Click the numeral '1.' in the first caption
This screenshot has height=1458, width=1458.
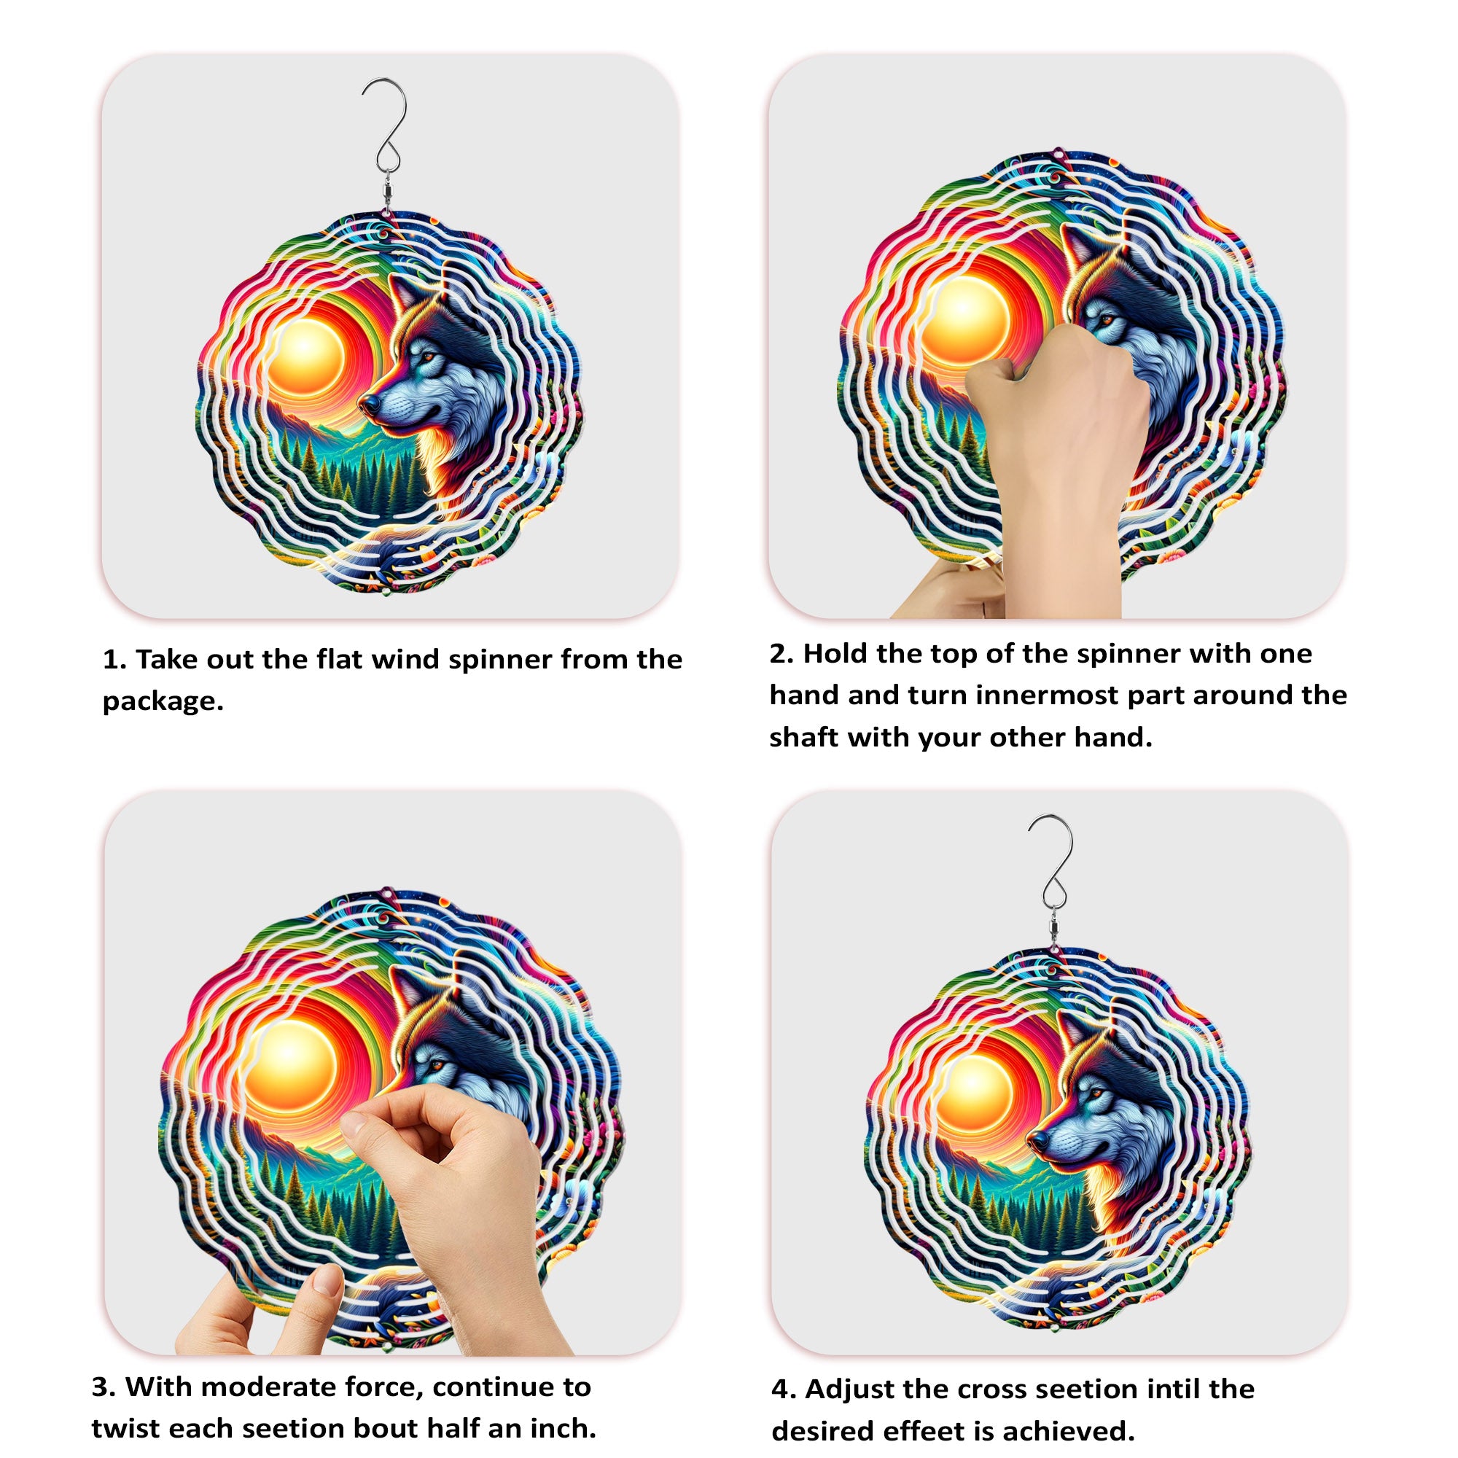[x=114, y=660]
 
